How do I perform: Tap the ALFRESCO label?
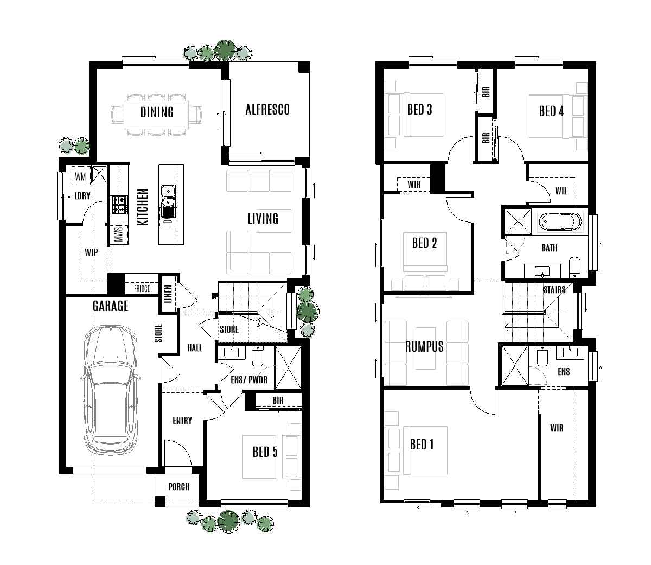(267, 110)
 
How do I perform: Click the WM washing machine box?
(80, 176)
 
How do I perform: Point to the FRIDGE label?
(142, 289)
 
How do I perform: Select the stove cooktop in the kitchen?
(118, 204)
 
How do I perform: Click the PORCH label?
(178, 486)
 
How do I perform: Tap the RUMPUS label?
(424, 346)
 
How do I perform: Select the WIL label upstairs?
(561, 191)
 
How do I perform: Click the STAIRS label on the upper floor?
(554, 289)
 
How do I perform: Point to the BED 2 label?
(424, 243)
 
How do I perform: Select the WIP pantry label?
(91, 252)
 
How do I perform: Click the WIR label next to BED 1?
(557, 428)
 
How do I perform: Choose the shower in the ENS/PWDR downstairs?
(287, 368)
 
